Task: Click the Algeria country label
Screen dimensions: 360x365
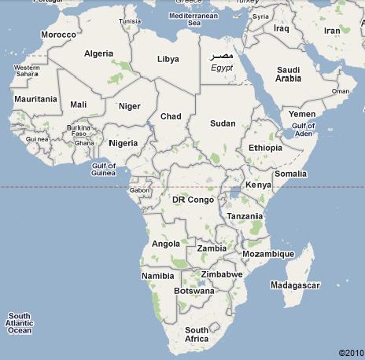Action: click(98, 53)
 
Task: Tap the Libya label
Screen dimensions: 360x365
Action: click(168, 59)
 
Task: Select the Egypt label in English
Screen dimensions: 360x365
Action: click(223, 68)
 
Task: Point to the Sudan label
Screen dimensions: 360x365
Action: click(223, 123)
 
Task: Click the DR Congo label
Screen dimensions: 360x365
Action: click(193, 200)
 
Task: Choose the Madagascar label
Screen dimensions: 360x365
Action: click(294, 284)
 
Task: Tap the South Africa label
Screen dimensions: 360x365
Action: click(197, 334)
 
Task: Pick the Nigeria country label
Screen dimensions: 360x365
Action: click(123, 143)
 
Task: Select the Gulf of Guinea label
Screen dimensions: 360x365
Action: click(104, 170)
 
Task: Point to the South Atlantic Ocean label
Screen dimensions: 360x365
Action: click(20, 322)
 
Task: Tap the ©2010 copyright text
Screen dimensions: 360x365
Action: click(352, 352)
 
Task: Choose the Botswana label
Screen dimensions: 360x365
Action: click(194, 291)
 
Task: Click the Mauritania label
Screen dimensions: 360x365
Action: click(35, 99)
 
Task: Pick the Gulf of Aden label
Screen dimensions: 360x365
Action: click(303, 130)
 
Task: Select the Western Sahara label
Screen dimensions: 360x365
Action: click(27, 72)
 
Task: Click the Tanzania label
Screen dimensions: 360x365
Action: click(245, 216)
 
